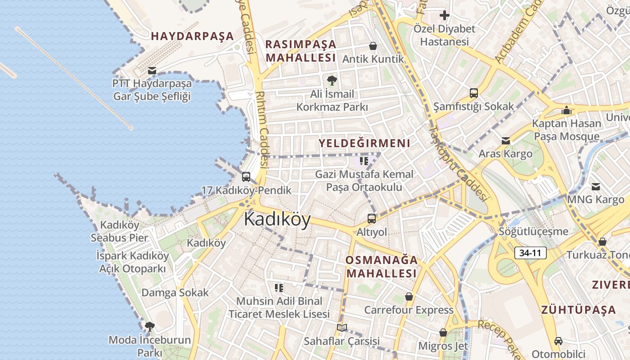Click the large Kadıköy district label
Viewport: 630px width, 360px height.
(x=277, y=220)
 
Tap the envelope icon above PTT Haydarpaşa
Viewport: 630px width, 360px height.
(x=152, y=71)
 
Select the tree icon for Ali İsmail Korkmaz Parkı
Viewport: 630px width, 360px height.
(x=332, y=81)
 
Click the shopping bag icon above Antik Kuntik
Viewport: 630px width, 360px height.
(x=373, y=46)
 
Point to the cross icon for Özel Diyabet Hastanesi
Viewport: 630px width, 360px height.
(x=445, y=16)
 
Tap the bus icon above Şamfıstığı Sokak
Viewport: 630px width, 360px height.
(x=473, y=93)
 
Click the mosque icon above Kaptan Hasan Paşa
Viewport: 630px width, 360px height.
(x=567, y=110)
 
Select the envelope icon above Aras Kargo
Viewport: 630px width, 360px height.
(x=505, y=141)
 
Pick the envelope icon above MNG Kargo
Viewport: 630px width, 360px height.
(x=596, y=186)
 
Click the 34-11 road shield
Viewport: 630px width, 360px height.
(x=530, y=253)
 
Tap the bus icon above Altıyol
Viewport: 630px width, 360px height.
(x=372, y=219)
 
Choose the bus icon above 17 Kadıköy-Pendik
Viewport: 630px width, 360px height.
(x=246, y=177)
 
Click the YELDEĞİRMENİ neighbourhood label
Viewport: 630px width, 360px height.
(x=364, y=144)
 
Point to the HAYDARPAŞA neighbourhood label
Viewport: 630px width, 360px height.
(x=192, y=36)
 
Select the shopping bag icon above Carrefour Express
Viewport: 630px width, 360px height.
(x=409, y=297)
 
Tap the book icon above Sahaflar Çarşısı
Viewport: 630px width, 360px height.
(x=342, y=328)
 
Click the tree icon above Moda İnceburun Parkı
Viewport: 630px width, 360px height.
(x=150, y=326)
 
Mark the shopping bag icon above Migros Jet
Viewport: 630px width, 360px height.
(x=443, y=333)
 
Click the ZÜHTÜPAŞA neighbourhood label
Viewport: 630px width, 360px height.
(x=578, y=310)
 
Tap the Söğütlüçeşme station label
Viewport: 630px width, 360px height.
(x=533, y=232)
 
